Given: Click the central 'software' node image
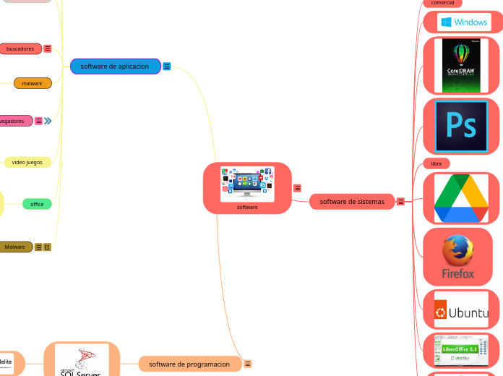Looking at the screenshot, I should coord(247,184).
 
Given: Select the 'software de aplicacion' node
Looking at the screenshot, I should coord(114,67).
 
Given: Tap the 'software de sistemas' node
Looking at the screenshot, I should coord(352,201).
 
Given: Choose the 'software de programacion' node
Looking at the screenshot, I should coord(189,364).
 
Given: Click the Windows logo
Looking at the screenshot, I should coord(463,22).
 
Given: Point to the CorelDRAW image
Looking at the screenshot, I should coord(463,66).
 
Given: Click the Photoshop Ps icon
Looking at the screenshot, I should coord(461,127).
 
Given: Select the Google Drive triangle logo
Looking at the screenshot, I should coord(461,198).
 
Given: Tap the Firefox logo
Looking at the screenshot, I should coord(458,257).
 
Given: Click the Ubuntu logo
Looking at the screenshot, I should coord(461,312).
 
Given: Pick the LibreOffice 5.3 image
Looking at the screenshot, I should coord(461,351).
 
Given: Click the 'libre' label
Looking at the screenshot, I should coord(437,163).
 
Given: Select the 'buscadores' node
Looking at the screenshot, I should coord(20,48).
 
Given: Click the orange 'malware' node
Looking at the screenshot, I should coord(33,83).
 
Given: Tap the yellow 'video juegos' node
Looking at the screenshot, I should coord(27,163).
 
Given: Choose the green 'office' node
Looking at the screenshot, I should coord(37,204).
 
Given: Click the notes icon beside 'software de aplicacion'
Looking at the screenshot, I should coord(167,67).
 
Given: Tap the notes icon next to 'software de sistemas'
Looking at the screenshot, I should coord(400,201).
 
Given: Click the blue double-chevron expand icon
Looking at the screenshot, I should coord(48,121).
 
